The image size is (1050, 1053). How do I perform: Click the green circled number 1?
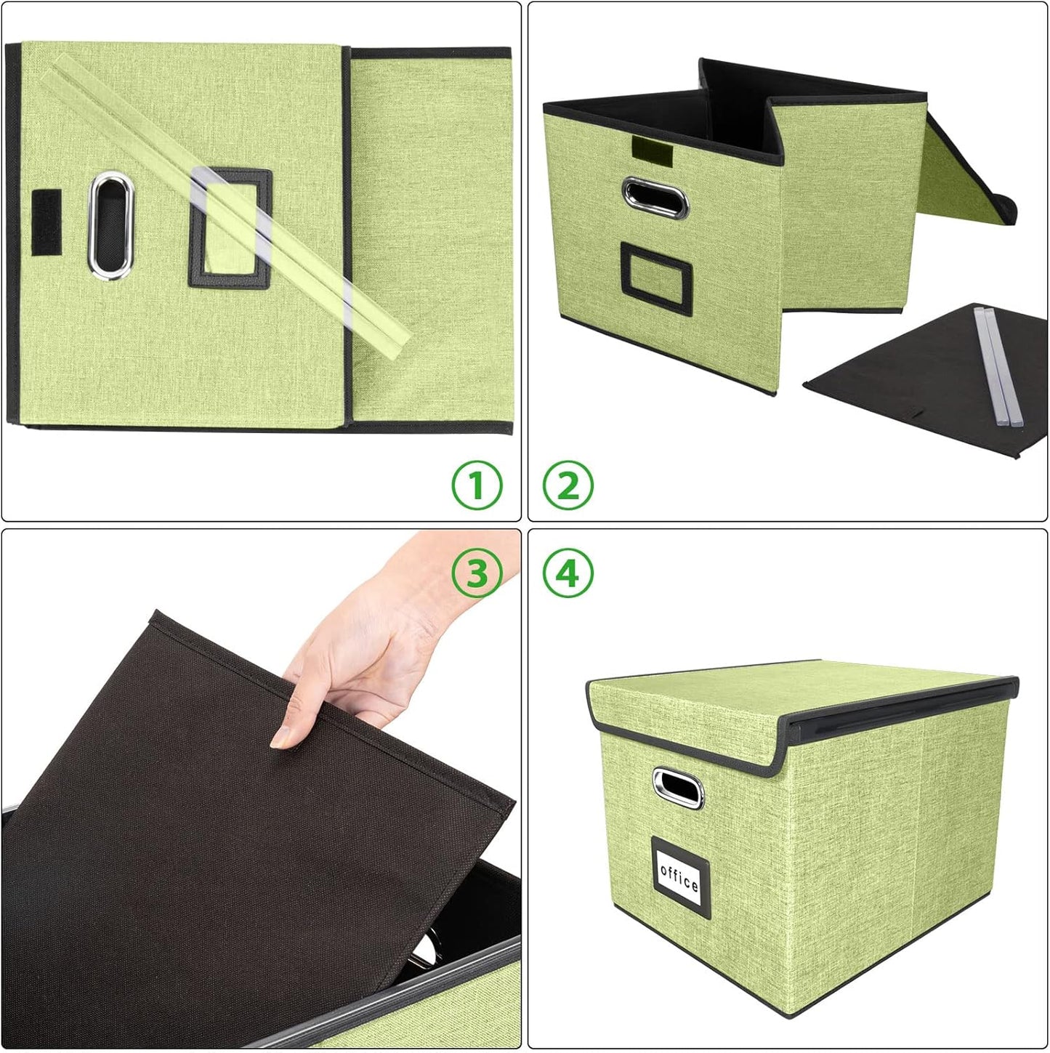[477, 485]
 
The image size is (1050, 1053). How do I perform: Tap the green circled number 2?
[568, 485]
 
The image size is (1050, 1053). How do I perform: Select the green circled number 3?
[477, 573]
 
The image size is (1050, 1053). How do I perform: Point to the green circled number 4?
[568, 573]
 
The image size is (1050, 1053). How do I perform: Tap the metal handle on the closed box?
[678, 788]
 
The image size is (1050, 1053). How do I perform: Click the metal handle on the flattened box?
[110, 225]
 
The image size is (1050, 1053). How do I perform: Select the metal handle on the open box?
[655, 197]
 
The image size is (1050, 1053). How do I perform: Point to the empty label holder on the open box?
[655, 278]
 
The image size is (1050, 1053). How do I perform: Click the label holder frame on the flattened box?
[230, 227]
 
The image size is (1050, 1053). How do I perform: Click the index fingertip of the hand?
[281, 738]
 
